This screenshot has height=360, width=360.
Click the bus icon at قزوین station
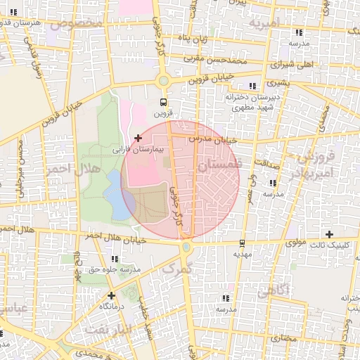pos(164,101)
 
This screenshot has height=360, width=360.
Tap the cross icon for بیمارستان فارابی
pos(138,137)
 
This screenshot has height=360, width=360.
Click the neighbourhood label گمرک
pos(177,268)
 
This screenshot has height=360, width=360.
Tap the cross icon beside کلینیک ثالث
pos(329,234)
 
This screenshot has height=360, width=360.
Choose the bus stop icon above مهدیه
pos(242,243)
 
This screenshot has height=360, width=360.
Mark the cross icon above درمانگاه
pos(111,295)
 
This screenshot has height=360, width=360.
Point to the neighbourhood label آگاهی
pos(300,290)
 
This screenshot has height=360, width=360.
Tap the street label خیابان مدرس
pos(211,139)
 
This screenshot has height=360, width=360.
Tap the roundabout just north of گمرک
pos(186,247)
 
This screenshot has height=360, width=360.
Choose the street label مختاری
pos(284,339)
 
